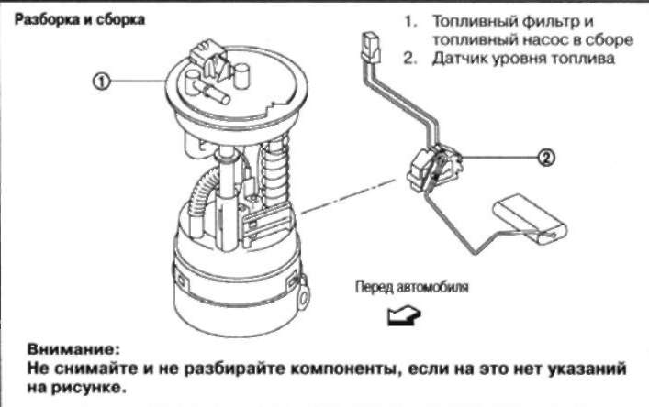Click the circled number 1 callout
coord(102,81)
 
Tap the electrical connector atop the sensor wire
coord(370,44)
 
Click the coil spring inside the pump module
coord(274,174)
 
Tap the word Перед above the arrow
coord(373,287)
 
